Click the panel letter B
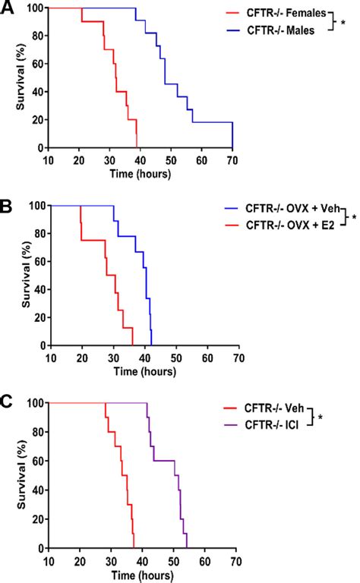tap(7, 203)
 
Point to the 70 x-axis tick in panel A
tap(232, 160)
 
